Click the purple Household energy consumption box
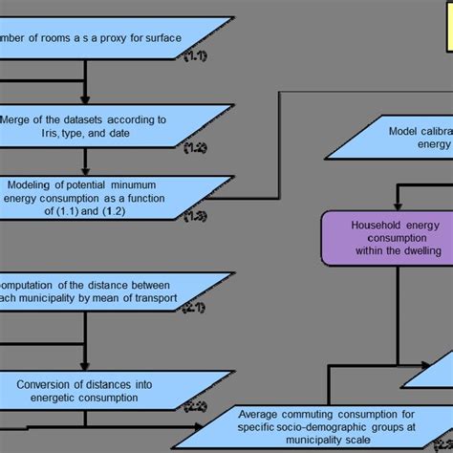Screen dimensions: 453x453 click(382, 236)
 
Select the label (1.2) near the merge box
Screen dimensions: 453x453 click(195, 146)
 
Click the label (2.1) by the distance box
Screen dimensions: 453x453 click(194, 309)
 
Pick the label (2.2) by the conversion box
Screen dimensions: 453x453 click(194, 406)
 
